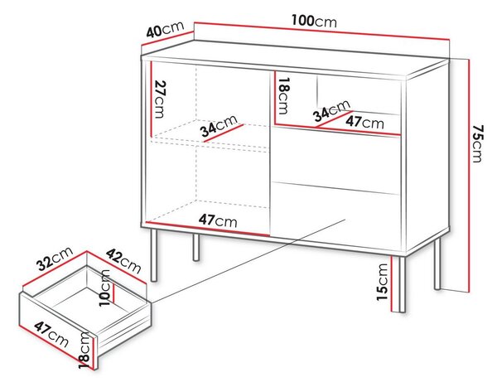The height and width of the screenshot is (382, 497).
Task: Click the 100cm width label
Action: click(x=314, y=22)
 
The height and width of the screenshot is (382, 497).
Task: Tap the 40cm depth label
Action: click(x=165, y=30)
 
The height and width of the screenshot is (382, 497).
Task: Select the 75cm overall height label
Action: click(x=477, y=143)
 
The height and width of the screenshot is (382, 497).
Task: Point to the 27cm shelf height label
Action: click(x=160, y=99)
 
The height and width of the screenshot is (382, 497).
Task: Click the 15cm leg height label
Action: click(x=382, y=282)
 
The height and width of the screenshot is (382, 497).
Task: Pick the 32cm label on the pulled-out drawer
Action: click(x=55, y=259)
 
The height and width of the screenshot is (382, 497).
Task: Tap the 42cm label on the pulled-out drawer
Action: click(x=123, y=261)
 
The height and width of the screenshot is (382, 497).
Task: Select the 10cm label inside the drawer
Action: click(x=104, y=288)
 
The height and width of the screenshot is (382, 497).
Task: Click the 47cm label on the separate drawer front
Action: click(x=51, y=335)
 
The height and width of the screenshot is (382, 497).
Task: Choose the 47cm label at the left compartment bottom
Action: click(x=218, y=220)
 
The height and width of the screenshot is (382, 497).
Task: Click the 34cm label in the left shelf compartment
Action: click(x=219, y=125)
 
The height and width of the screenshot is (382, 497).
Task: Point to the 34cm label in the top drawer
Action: click(x=332, y=111)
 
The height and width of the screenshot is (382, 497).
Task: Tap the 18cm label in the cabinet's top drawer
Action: click(x=282, y=96)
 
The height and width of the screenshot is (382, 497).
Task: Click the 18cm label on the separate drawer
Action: click(x=84, y=351)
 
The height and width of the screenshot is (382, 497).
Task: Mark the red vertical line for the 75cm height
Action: click(x=469, y=176)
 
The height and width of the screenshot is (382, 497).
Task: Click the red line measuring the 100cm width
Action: click(x=322, y=31)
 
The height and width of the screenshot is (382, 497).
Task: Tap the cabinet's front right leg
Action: click(x=402, y=284)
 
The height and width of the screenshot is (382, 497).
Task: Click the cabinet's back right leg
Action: click(x=437, y=264)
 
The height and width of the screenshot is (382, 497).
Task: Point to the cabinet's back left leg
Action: click(x=196, y=248)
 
